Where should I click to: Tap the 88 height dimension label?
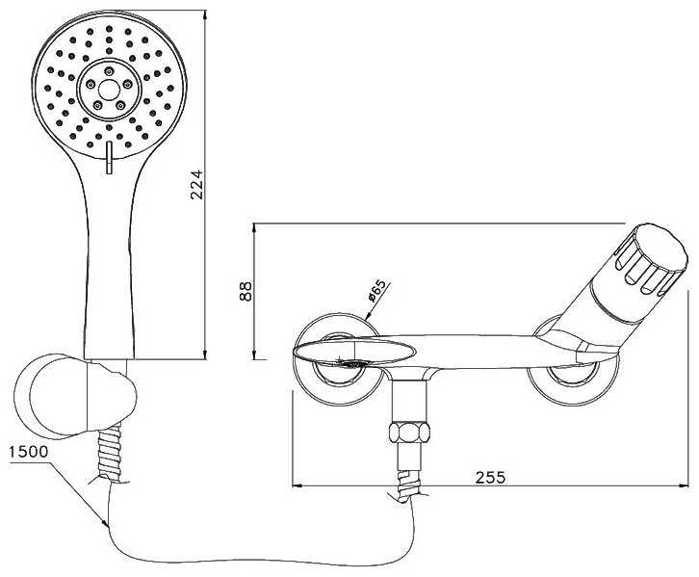pyautogui.click(x=246, y=290)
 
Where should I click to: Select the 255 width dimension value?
pyautogui.click(x=490, y=476)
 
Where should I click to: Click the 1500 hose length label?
pyautogui.click(x=26, y=451)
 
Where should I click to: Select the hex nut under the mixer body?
pyautogui.click(x=409, y=431)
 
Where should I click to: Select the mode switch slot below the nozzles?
pyautogui.click(x=108, y=160)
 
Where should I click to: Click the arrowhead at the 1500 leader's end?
pyautogui.click(x=105, y=525)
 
